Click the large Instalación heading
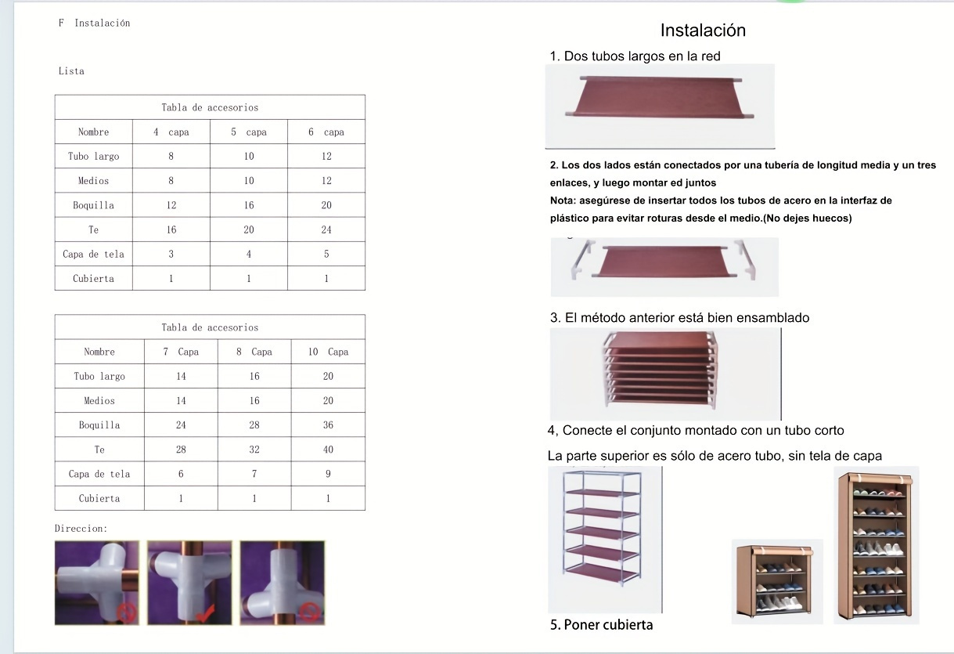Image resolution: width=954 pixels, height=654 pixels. point(703,31)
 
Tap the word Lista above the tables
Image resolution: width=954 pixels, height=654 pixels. point(71,70)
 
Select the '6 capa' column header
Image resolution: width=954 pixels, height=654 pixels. point(326,132)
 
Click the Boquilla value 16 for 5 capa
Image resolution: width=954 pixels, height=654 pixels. point(249,205)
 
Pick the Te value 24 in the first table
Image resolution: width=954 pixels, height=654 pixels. point(326,229)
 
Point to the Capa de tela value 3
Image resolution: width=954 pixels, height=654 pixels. point(171,254)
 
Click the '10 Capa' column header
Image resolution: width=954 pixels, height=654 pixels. point(328,352)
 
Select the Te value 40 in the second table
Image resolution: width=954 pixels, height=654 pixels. point(328,450)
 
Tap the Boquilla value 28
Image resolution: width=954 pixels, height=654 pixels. point(254,425)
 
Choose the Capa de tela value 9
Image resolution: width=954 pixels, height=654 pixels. point(328,474)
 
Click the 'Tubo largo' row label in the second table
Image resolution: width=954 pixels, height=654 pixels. point(99,376)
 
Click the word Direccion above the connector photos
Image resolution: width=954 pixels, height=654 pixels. point(81,528)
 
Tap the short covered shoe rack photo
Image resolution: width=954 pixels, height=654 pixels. point(777,580)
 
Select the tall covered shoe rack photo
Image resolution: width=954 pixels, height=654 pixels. point(876,545)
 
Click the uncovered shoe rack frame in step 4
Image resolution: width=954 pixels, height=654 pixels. point(601,528)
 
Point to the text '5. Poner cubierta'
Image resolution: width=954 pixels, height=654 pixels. point(601,624)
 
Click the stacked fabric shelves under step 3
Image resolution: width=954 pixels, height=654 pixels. point(661,369)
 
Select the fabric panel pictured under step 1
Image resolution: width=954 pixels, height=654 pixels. point(660,98)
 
